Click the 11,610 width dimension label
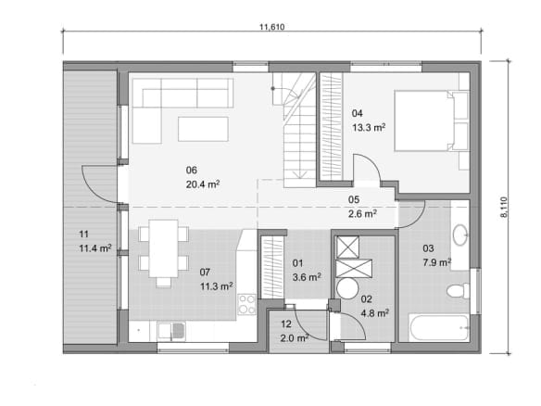(x=271, y=27)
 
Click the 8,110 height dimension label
(x=503, y=207)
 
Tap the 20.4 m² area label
(x=203, y=184)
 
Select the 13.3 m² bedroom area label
(x=369, y=127)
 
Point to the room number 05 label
(x=354, y=199)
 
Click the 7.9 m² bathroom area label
(x=437, y=262)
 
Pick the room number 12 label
(x=286, y=324)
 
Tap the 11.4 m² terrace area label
(x=95, y=248)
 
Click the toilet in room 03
(x=459, y=290)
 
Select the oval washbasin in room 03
(x=459, y=235)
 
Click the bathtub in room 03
(x=438, y=327)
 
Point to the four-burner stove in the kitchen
(x=247, y=304)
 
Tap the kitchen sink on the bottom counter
(x=171, y=331)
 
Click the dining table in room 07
(x=164, y=248)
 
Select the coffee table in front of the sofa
(x=203, y=129)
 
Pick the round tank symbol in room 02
(x=347, y=288)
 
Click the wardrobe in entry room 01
(x=272, y=267)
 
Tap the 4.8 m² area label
(x=375, y=313)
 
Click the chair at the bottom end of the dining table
(x=164, y=283)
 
